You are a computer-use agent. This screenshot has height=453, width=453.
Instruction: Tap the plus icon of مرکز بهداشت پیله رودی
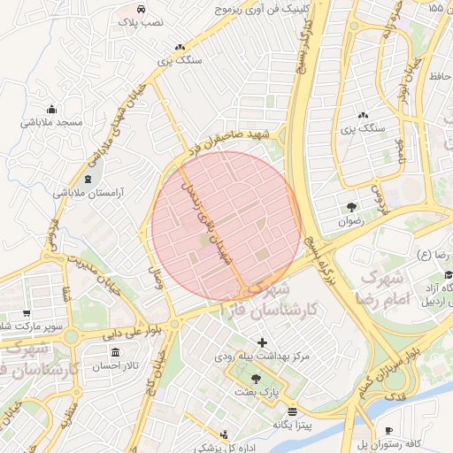coord(262,342)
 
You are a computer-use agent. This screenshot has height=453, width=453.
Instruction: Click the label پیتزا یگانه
coord(293,426)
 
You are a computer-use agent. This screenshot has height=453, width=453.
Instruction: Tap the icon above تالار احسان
coord(116,353)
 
